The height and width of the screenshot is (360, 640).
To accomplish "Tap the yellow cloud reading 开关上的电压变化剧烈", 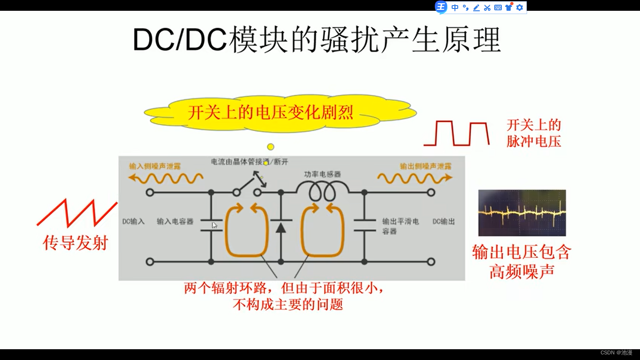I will tap(270, 113).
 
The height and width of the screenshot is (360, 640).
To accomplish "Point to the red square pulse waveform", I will tap(456, 134).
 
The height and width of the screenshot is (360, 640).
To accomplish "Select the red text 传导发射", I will tap(75, 242).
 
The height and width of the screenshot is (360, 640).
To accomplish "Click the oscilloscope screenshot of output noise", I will tap(522, 213).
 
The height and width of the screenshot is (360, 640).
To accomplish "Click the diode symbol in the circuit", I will tap(281, 227).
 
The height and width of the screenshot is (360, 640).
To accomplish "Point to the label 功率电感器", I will tap(322, 174).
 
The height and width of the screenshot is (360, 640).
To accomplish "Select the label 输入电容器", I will tap(175, 221).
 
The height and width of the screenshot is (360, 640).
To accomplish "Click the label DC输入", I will tap(134, 221).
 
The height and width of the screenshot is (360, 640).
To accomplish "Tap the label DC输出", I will tap(443, 221).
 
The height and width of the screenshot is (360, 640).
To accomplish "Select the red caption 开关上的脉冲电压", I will tap(534, 133).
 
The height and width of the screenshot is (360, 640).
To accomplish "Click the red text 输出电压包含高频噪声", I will tap(522, 262).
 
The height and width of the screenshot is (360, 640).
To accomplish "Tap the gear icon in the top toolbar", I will tap(520, 7).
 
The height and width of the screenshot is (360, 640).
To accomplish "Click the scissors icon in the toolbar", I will tap(487, 7).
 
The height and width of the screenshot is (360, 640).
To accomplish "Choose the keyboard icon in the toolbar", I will tap(498, 7).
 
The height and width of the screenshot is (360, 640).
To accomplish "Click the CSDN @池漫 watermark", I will tap(616, 352).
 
